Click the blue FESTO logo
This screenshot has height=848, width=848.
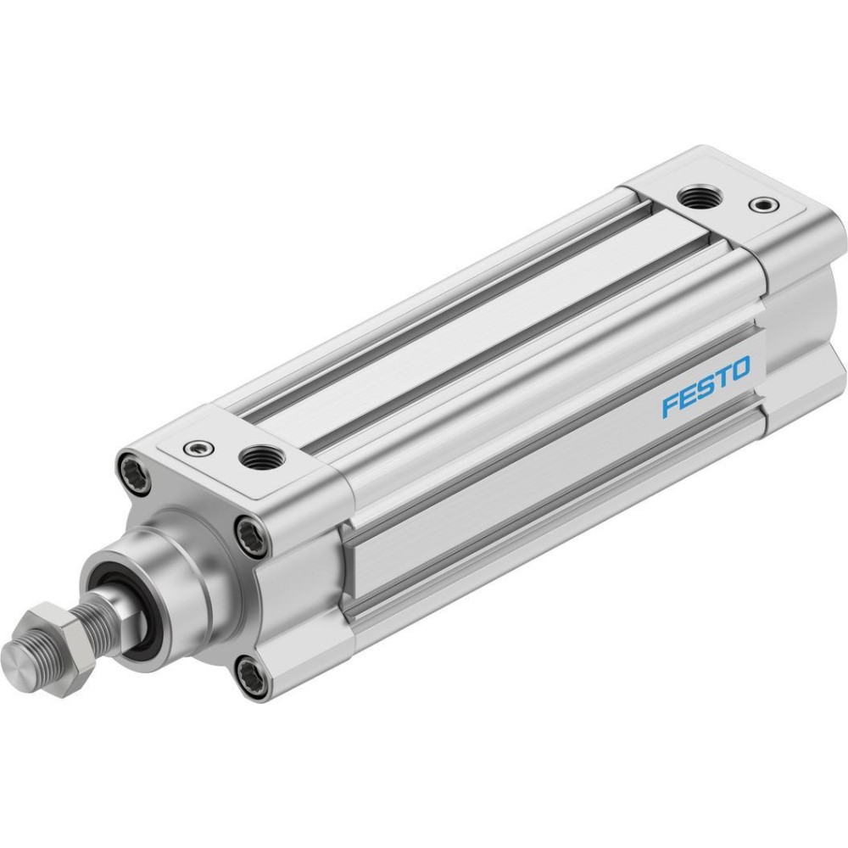click(706, 386)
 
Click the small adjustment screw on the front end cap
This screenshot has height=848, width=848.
click(198, 447)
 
